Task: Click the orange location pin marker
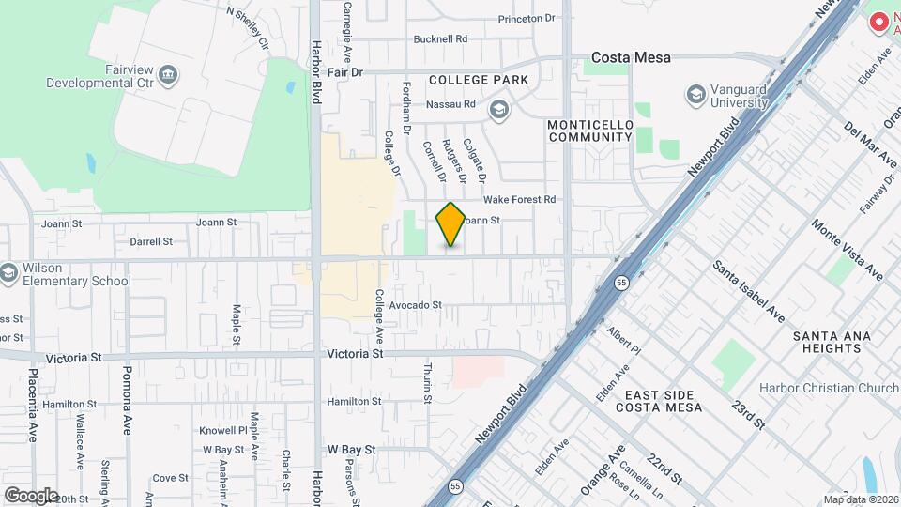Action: (x=450, y=224)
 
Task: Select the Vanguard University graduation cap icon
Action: (x=695, y=94)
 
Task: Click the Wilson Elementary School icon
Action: (x=9, y=273)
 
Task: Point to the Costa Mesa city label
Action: (x=631, y=57)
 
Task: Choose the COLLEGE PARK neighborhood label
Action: (x=479, y=81)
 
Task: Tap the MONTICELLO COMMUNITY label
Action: (x=589, y=131)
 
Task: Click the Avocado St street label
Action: (x=415, y=305)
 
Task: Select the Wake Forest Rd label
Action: (x=520, y=199)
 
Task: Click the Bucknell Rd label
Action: (x=440, y=39)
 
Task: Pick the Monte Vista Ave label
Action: (x=848, y=249)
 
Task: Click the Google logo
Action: (x=31, y=495)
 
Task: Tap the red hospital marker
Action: (x=879, y=21)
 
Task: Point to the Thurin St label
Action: (x=427, y=383)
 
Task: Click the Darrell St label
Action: (x=151, y=241)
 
